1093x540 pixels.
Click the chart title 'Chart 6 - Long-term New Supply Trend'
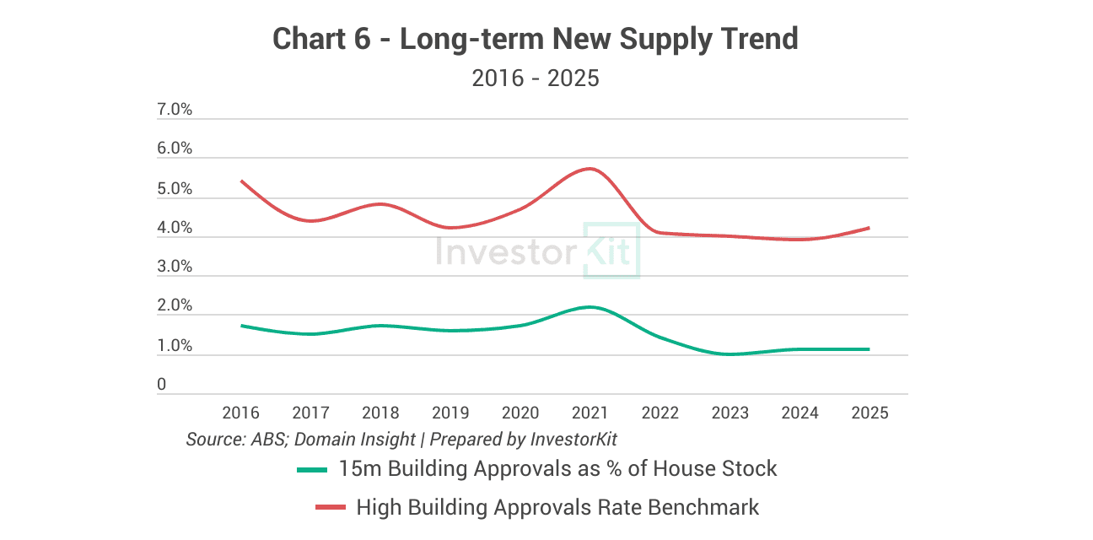535,39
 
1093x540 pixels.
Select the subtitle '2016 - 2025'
535,78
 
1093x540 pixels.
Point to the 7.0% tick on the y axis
175,110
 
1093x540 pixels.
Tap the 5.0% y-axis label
175,189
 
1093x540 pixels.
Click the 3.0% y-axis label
175,267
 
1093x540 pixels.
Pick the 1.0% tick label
175,346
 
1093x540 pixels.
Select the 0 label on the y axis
162,385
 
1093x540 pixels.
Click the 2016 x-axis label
241,413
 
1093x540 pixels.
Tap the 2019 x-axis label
450,413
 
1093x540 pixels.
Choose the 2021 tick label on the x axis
590,413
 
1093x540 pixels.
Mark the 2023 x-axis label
730,413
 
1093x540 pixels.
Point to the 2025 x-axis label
870,413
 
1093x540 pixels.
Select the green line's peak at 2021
590,307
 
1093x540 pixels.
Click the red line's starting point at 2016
241,181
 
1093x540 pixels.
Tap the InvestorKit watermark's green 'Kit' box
611,251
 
